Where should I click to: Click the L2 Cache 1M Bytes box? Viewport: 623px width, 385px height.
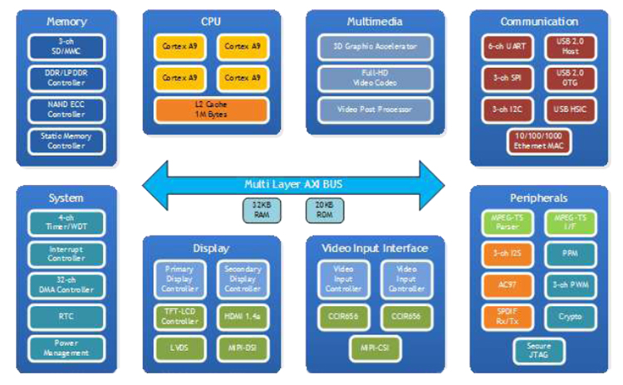[x=210, y=110]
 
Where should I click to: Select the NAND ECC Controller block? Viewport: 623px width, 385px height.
[x=66, y=110]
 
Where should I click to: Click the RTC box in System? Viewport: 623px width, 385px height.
[x=66, y=316]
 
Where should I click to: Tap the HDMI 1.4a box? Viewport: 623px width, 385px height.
[x=239, y=316]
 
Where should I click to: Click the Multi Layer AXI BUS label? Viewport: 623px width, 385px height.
[x=294, y=183]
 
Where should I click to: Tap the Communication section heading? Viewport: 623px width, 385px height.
[x=540, y=22]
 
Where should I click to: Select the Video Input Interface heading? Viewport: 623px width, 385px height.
[x=375, y=247]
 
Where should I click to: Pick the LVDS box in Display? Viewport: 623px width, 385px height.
[x=178, y=347]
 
